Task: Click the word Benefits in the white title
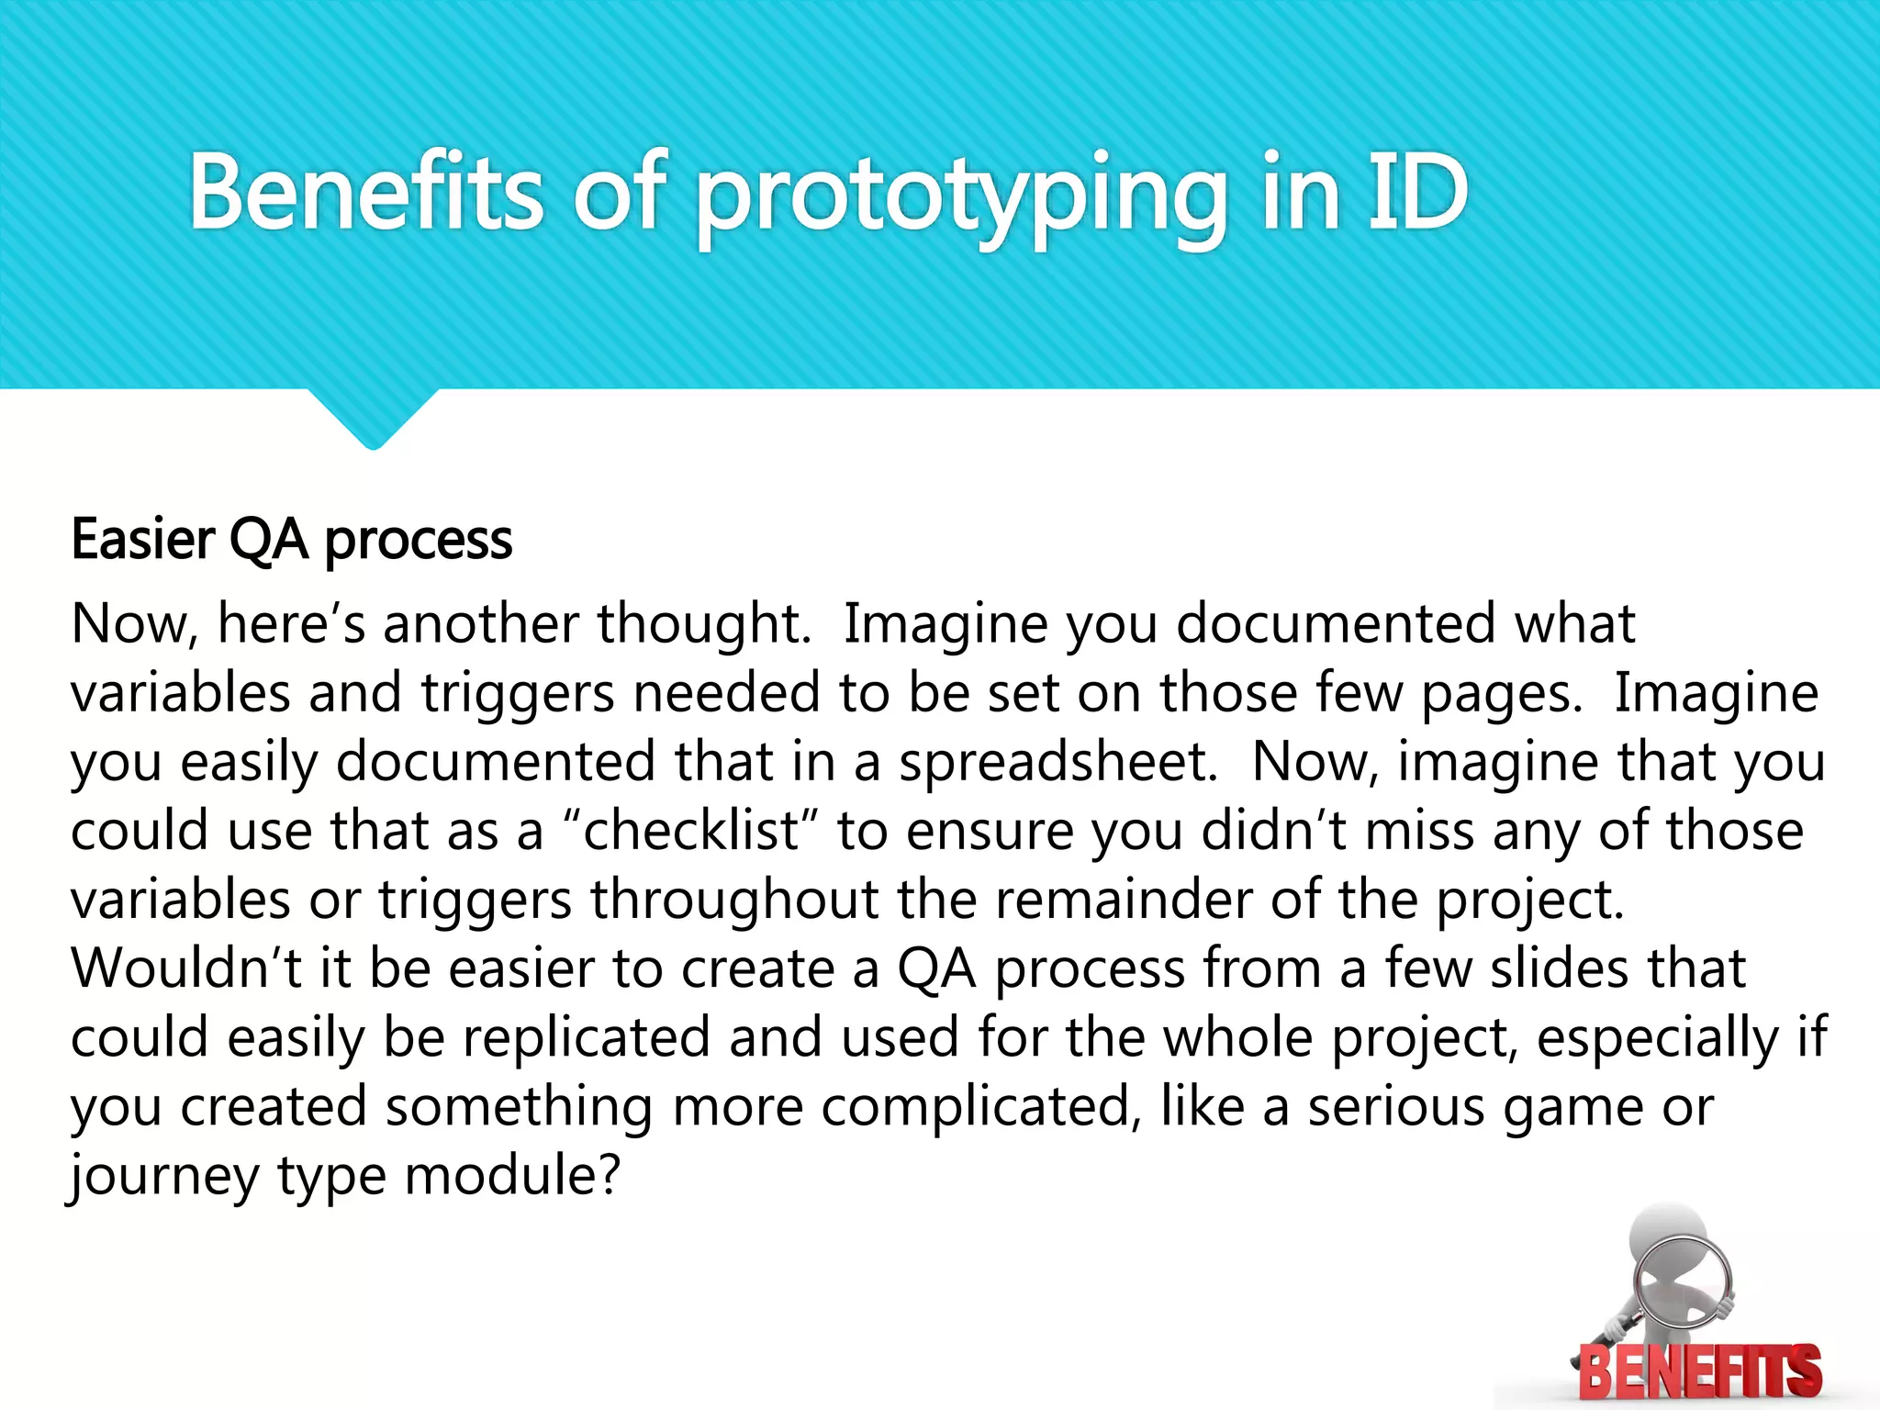[x=366, y=193]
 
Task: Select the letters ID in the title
[x=1418, y=193]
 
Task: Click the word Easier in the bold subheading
[x=143, y=539]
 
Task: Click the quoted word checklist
[x=691, y=831]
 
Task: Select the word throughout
[x=734, y=901]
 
